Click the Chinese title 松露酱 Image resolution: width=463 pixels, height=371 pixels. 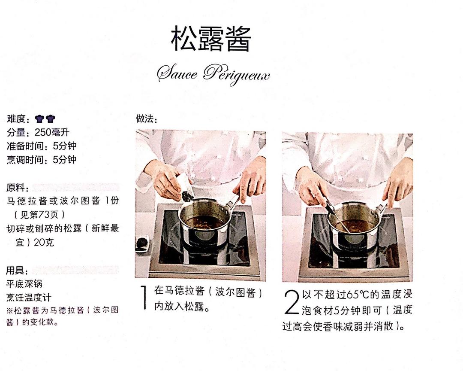point(210,40)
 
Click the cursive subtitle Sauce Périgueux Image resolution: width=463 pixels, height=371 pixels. point(213,75)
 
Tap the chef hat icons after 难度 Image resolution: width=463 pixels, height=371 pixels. point(45,119)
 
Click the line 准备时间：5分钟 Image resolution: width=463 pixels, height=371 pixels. point(42,146)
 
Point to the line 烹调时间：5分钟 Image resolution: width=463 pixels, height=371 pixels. point(42,160)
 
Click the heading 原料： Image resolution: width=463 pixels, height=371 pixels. point(18,188)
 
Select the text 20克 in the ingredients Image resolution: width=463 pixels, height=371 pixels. point(44,243)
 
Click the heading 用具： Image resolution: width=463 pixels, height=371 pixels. point(18,271)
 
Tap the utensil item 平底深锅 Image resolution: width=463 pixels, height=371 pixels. point(24,284)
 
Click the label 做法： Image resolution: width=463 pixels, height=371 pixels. point(147,119)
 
